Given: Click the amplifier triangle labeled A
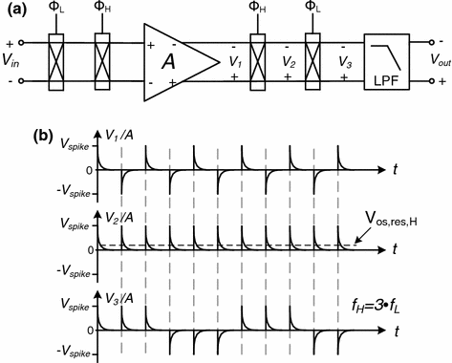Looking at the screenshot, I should tap(177, 59).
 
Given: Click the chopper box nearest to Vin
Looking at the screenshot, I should tap(55, 59).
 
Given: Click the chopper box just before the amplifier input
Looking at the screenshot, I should tap(102, 59).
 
